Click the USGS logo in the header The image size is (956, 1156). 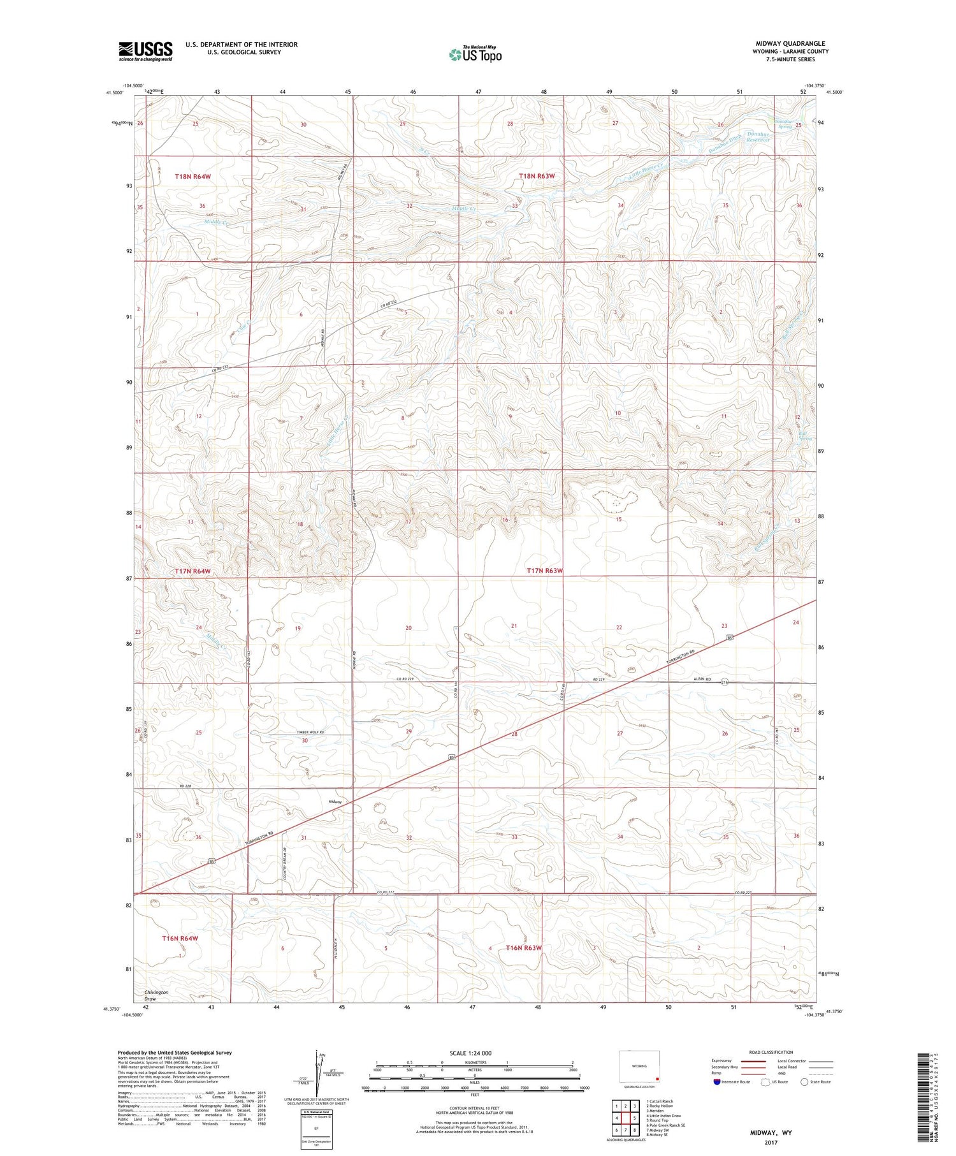tap(145, 51)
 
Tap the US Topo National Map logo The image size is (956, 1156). tap(475, 54)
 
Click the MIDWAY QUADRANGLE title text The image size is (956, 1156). tap(790, 43)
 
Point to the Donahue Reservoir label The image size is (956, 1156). tap(758, 137)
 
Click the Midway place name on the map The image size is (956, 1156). tap(335, 801)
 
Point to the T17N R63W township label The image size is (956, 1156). tap(545, 571)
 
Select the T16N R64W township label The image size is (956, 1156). tap(180, 938)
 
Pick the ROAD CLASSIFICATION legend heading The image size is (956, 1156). tap(771, 1052)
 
